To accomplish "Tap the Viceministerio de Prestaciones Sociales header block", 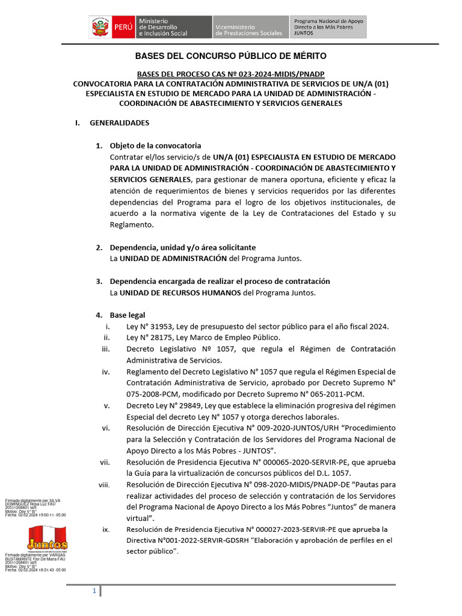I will pos(249,28).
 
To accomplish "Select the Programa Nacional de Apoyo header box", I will pos(328,28).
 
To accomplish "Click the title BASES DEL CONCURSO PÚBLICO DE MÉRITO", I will pos(230,56).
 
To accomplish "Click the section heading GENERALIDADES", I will pos(119,123).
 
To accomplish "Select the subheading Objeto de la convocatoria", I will pos(155,146).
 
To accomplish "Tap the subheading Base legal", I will pos(127,315).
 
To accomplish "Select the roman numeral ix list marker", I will pos(106,529).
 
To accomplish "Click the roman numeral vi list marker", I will pos(105,428).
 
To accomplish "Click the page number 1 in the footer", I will pos(94,592).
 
